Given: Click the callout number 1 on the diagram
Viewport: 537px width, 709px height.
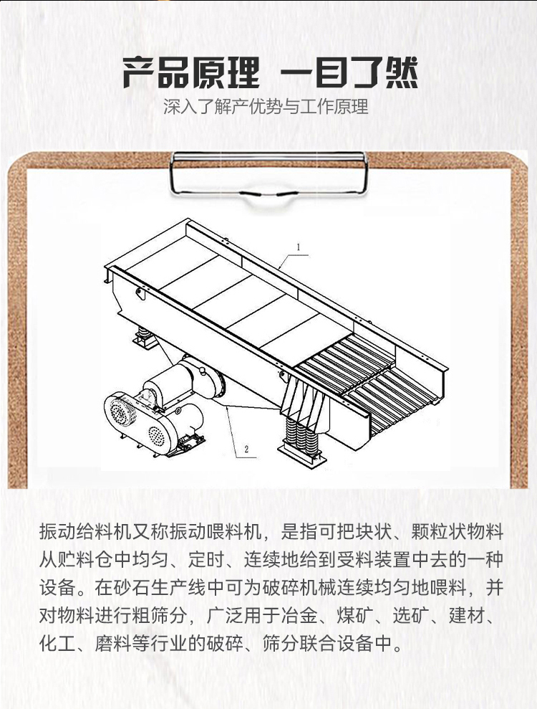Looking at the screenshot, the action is coord(299,247).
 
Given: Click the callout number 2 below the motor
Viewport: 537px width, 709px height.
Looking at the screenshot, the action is coord(246,449).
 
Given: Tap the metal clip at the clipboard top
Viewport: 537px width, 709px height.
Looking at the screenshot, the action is coord(268,174).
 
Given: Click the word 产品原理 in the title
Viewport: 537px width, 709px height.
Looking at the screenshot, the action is coord(191,72).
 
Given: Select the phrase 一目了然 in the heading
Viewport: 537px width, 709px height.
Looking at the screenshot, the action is coord(349,72).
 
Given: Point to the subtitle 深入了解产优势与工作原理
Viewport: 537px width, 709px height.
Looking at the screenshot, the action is coord(266,107).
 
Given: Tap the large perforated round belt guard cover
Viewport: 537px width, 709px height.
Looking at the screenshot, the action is coord(120,411).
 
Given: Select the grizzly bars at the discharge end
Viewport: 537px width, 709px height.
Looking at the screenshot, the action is coord(366,380).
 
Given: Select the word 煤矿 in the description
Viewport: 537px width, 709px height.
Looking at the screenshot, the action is coord(354,615).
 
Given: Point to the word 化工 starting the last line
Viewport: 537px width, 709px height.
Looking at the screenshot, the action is coord(57,644).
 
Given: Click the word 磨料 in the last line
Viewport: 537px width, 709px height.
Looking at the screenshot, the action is coord(113,644).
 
